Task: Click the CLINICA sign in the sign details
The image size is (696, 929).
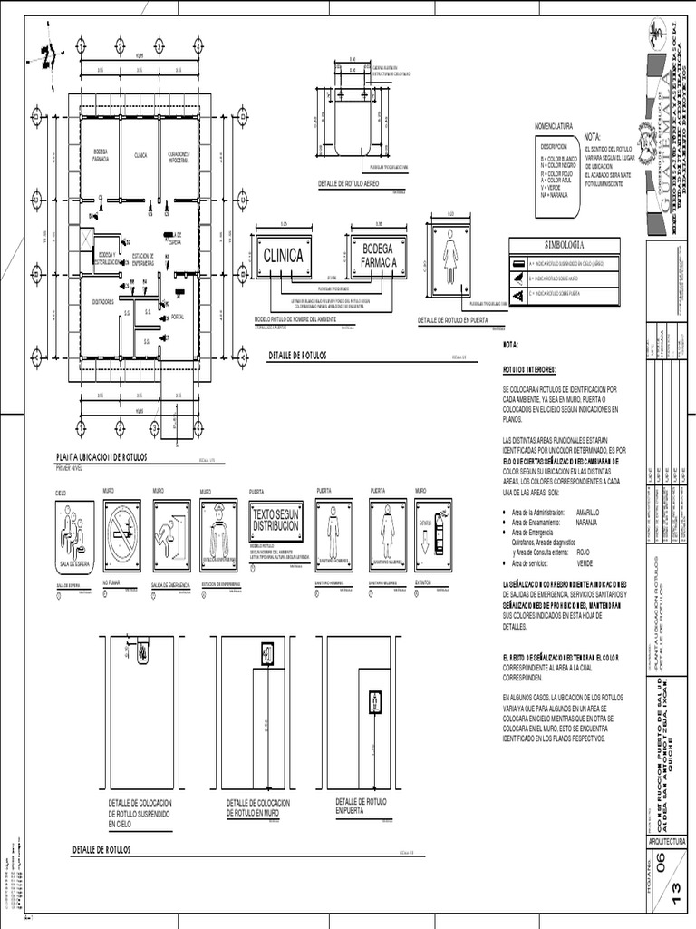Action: pyautogui.click(x=283, y=257)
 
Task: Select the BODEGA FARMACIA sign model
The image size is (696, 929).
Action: pyautogui.click(x=379, y=256)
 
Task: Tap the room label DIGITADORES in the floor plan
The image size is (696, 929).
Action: pyautogui.click(x=101, y=301)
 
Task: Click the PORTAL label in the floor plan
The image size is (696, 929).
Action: pyautogui.click(x=178, y=317)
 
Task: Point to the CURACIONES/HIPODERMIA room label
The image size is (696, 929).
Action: pyautogui.click(x=178, y=156)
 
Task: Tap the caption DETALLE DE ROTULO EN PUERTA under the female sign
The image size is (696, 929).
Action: pyautogui.click(x=451, y=320)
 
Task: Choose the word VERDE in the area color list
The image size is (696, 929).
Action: pyautogui.click(x=585, y=563)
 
